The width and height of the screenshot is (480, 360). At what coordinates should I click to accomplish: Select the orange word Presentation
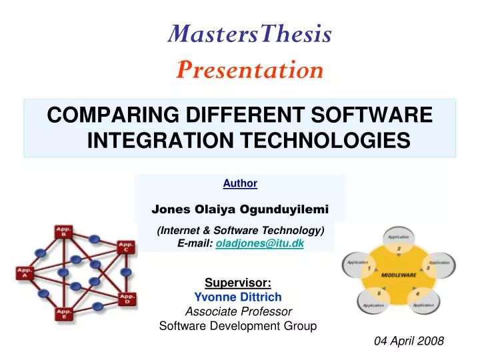249,69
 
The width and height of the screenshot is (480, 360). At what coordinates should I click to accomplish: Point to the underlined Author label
240,183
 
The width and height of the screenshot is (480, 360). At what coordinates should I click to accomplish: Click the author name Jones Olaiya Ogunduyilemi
240,209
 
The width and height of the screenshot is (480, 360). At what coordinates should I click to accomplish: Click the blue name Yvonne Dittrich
238,297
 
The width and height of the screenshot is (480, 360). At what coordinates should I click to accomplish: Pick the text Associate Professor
238,311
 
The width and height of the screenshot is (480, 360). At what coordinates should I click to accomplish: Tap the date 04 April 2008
409,341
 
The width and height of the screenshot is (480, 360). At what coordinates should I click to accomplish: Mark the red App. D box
125,298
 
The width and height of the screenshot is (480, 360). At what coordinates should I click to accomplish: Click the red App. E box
65,313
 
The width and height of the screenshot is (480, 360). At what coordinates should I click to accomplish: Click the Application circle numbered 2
399,241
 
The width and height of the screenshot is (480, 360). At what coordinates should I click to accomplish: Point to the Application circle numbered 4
425,299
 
